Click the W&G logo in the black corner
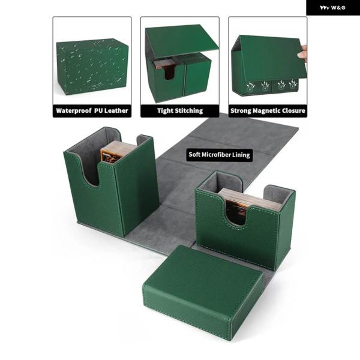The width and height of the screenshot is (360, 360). coord(332,8)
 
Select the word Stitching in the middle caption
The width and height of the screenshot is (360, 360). coord(189,110)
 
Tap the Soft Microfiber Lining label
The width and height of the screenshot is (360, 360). coord(219,155)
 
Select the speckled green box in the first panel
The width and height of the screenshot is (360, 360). coord(92,66)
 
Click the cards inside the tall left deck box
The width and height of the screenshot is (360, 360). coord(115,152)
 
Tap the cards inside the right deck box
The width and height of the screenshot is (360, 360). coord(248,204)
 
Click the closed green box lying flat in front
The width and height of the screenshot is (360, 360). coord(202,292)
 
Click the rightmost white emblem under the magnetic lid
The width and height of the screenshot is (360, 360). coord(293,85)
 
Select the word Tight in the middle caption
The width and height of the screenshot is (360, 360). coord(165,110)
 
